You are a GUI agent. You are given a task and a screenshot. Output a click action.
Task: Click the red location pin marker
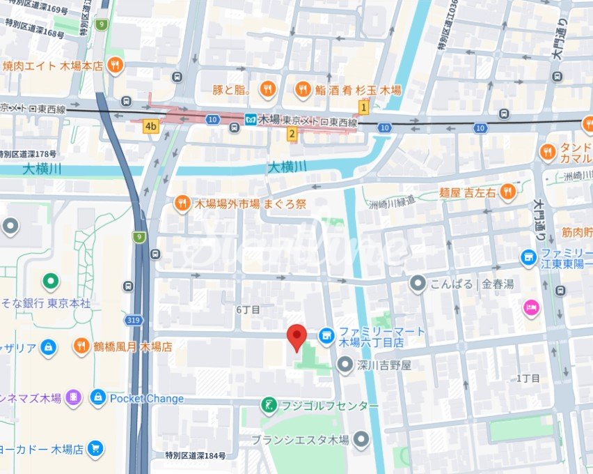click(x=297, y=337)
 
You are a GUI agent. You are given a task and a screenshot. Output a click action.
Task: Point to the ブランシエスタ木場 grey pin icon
click(x=361, y=439)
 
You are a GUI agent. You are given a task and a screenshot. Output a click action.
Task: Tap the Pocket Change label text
click(x=147, y=399)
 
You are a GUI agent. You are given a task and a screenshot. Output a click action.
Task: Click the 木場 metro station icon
click(x=251, y=120)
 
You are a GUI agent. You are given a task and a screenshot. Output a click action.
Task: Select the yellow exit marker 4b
click(x=150, y=126)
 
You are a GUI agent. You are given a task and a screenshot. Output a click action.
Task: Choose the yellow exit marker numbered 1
click(x=363, y=107)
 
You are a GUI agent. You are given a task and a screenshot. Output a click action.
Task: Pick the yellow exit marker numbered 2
click(x=292, y=134)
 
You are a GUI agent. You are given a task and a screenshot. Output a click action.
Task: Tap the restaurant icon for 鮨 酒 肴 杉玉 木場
click(x=303, y=89)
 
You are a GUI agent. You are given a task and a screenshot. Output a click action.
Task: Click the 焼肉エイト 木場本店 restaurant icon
click(x=116, y=66)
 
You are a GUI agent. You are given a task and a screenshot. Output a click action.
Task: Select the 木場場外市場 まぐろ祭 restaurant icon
click(x=182, y=204)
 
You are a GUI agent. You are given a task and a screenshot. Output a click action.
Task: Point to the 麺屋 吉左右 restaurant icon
click(x=507, y=192)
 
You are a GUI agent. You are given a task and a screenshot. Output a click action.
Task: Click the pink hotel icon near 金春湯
click(x=532, y=307)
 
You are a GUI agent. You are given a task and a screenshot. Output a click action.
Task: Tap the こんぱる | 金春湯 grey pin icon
click(x=418, y=284)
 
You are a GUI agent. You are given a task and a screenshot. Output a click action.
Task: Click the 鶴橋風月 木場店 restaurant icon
click(x=82, y=346)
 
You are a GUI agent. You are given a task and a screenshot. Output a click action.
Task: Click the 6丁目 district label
click(x=248, y=309)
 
